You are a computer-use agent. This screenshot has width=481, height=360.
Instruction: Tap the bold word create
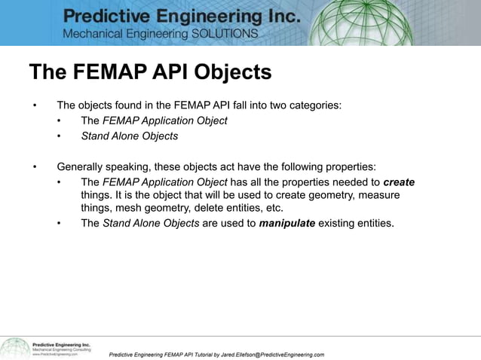point(399,182)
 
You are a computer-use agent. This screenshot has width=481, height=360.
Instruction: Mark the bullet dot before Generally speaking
point(34,166)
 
